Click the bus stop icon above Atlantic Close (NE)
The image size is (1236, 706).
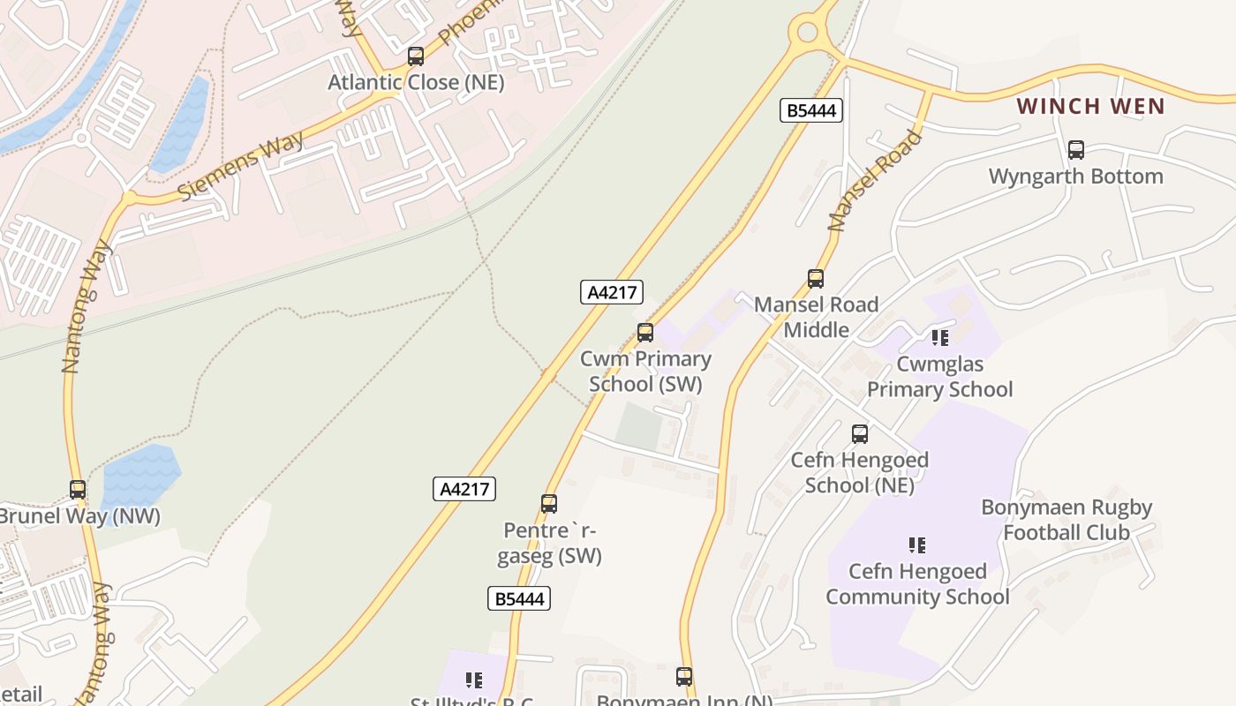(x=415, y=56)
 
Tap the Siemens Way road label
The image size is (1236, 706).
(x=240, y=166)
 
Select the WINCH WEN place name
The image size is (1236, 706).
(x=1090, y=107)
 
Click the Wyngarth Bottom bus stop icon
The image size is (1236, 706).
(x=1075, y=150)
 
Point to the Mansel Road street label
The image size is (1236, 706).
(x=874, y=181)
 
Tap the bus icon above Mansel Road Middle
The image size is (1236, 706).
(x=816, y=279)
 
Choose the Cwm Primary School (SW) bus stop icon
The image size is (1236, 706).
(x=645, y=333)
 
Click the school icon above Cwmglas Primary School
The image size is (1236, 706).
(x=939, y=337)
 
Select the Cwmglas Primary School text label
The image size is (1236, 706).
(x=939, y=377)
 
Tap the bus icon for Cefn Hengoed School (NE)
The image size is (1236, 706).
(x=860, y=434)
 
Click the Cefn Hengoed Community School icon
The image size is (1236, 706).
(x=917, y=545)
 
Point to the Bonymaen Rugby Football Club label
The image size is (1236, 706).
(x=1066, y=520)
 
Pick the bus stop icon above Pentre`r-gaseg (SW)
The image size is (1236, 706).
(x=549, y=504)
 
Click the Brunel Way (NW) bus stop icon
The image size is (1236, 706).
(x=78, y=490)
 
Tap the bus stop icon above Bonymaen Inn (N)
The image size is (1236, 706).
(x=684, y=677)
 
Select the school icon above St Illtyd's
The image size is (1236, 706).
(x=474, y=680)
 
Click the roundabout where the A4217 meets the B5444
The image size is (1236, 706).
(x=808, y=34)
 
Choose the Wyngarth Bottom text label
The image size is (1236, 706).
(x=1075, y=176)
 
